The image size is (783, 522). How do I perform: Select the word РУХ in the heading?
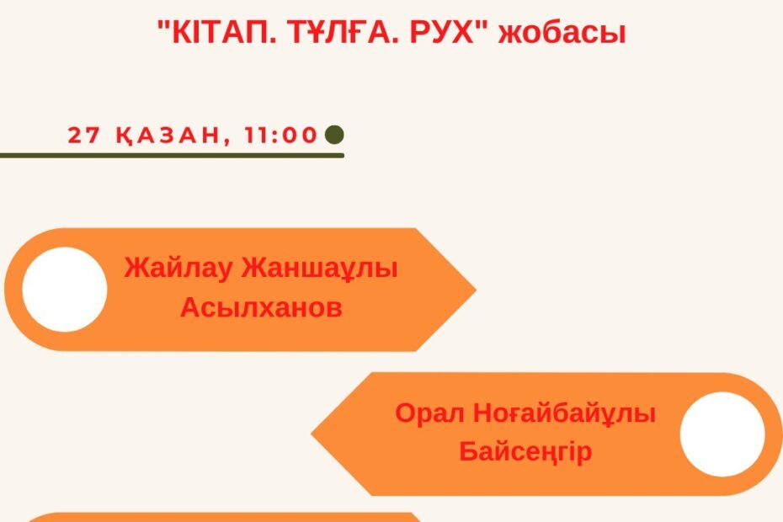[x=441, y=32]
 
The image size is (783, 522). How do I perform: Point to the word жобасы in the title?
[x=562, y=33]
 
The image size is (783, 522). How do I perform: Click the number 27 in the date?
[x=83, y=135]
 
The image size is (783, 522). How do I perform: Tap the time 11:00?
[x=281, y=135]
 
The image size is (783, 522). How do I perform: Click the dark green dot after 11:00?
[x=334, y=135]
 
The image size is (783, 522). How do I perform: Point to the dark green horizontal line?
[x=172, y=156]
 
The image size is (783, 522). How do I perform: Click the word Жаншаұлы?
[x=320, y=269]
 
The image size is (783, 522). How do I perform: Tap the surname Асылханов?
[x=261, y=306]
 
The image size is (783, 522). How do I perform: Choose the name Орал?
[x=429, y=413]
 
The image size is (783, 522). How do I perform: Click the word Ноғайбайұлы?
[x=564, y=414]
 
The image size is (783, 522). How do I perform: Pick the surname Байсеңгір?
[x=525, y=451]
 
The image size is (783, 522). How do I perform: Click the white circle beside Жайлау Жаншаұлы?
[x=65, y=290]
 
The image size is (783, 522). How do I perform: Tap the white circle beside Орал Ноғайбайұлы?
[x=722, y=434]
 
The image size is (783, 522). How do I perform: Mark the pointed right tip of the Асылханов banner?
[x=476, y=290]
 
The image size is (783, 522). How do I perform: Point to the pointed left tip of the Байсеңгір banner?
[x=312, y=434]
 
